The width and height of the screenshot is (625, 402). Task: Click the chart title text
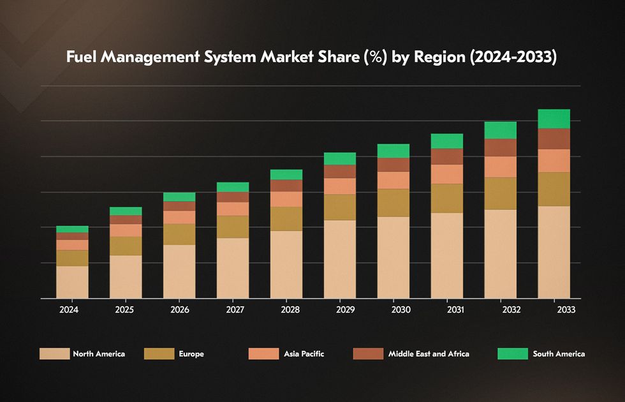pos(312,57)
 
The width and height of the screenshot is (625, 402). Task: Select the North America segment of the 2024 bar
pos(72,282)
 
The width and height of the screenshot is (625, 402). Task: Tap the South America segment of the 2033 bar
pos(554,119)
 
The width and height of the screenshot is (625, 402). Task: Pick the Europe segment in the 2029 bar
pos(340,207)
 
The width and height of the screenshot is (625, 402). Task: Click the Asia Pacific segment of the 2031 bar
pos(446,174)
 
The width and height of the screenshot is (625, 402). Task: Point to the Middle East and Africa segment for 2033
pos(554,138)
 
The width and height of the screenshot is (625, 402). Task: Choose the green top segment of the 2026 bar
pos(179,197)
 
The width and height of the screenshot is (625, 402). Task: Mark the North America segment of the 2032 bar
pos(500,253)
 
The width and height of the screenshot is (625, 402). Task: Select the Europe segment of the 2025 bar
pos(126,246)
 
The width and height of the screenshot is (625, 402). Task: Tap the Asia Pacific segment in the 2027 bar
pos(233,209)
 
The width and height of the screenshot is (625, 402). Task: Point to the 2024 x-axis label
pos(69,310)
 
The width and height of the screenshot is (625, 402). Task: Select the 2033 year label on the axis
pos(566,310)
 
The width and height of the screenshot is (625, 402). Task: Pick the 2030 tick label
pos(401,310)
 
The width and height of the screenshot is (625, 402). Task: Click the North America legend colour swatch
pos(54,354)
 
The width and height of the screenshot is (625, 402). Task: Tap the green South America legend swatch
pos(512,354)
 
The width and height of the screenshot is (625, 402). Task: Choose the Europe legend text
pos(191,354)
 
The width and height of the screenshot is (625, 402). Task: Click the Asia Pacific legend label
pos(304,354)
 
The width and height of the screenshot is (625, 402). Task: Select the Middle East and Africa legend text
pos(429,354)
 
